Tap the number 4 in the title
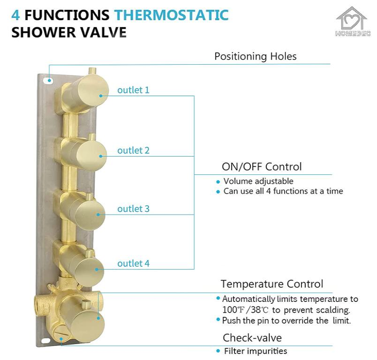(x=15, y=15)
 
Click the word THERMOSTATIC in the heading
(x=172, y=15)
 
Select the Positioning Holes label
(x=255, y=56)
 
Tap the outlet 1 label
(x=133, y=90)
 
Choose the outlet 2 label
(x=133, y=150)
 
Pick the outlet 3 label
(x=133, y=209)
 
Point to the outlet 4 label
(x=133, y=263)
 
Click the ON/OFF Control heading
(x=261, y=166)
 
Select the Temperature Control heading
(x=271, y=284)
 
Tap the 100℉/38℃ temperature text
(x=245, y=310)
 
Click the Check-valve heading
(x=252, y=337)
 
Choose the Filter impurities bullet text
(x=255, y=351)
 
